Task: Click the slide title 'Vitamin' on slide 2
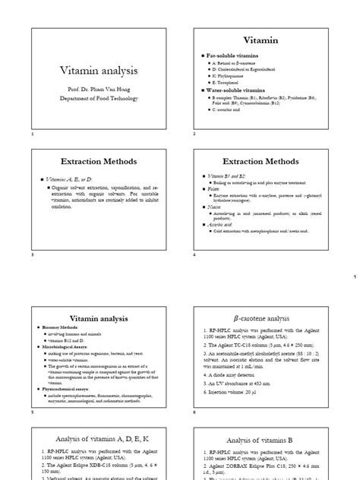click(261, 40)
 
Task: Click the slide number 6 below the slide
click(194, 412)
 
